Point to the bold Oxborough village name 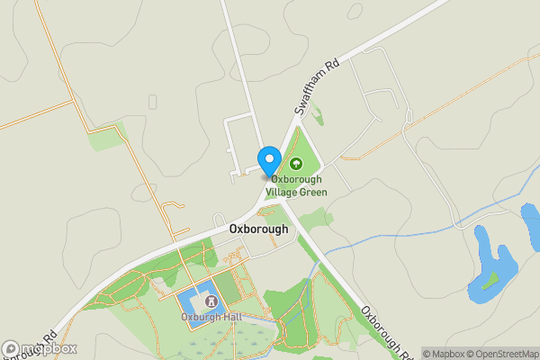[x=258, y=229]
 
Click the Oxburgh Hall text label [x=211, y=317]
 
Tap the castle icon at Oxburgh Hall [x=211, y=301]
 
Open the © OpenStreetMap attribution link [x=501, y=354]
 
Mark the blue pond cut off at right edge [x=531, y=221]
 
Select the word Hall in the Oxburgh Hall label [x=231, y=317]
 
